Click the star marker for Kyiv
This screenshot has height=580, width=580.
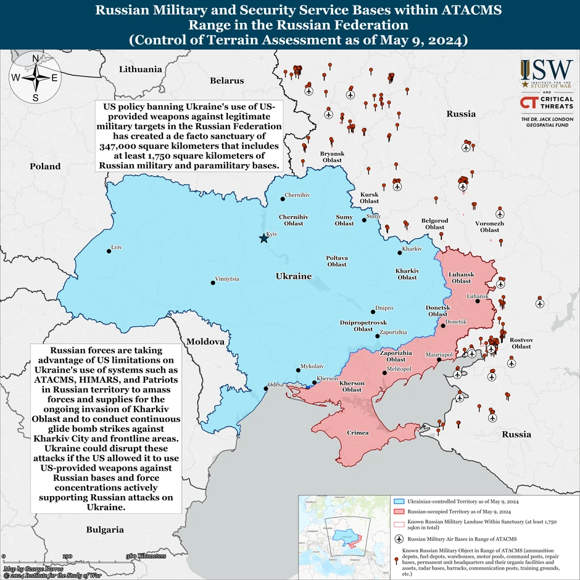[x=263, y=238]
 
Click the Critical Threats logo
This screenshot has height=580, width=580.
[x=547, y=102]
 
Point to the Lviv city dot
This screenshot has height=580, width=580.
[x=109, y=251]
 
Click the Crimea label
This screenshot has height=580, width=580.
[x=357, y=433]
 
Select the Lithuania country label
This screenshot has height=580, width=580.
[x=140, y=69]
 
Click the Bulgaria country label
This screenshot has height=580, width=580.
[x=104, y=529]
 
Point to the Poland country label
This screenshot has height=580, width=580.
[x=46, y=166]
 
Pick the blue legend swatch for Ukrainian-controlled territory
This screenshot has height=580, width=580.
[x=399, y=503]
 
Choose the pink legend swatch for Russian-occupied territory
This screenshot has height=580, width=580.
[x=399, y=512]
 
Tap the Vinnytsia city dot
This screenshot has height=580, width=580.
[x=213, y=282]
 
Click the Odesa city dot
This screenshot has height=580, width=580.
[x=267, y=388]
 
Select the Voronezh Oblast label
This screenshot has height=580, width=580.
[x=490, y=226]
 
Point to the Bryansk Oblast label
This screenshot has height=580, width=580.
[x=332, y=156]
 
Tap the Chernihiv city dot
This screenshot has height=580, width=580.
[x=283, y=198]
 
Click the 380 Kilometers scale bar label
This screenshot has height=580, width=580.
[x=146, y=556]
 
